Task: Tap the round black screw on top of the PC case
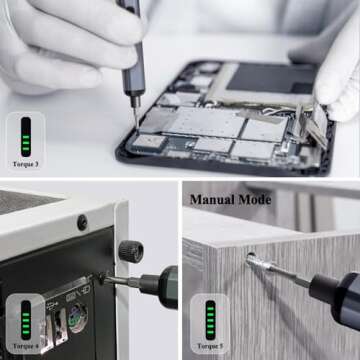82,221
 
